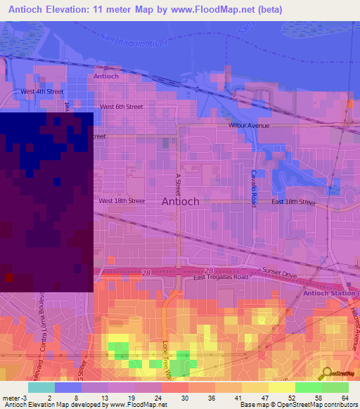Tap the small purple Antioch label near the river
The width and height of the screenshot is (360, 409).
pos(106,76)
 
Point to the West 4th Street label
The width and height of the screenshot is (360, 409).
pos(42,91)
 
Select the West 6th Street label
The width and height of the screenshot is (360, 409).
pos(122,107)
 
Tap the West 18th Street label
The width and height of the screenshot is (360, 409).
pos(122,201)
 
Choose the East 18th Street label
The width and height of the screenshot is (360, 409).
pos(293,202)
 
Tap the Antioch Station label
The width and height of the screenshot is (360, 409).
pos(331,292)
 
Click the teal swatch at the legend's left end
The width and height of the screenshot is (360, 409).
pos(41,387)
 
